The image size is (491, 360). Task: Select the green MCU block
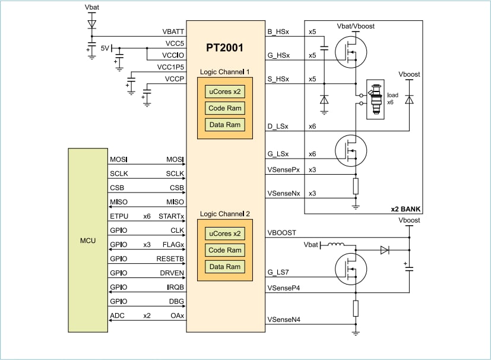click(x=87, y=241)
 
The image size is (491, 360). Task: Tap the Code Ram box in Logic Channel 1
click(x=224, y=108)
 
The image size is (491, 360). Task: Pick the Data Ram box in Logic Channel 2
click(x=224, y=267)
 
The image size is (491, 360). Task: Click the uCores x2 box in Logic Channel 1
click(x=224, y=91)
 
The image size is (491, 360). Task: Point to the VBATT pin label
click(x=173, y=31)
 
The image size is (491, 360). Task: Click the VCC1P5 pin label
click(x=170, y=66)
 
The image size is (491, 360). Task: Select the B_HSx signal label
click(x=278, y=31)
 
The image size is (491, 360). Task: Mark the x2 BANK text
click(x=406, y=209)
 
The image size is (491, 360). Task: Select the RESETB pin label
click(x=171, y=259)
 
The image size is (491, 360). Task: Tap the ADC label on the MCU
click(x=118, y=316)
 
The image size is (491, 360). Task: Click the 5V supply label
click(x=104, y=48)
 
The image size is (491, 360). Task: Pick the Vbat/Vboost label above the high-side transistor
click(x=355, y=27)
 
